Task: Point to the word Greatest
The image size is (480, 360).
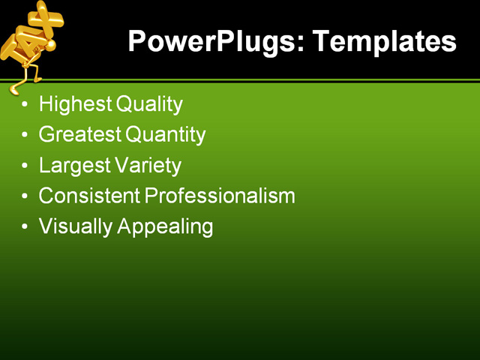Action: (x=79, y=135)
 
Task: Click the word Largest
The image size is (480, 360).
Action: (x=73, y=165)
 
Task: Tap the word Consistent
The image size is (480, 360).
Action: (x=89, y=196)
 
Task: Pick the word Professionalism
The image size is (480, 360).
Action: (x=220, y=196)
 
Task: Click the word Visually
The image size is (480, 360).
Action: (x=75, y=226)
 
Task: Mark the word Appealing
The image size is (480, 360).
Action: (x=165, y=226)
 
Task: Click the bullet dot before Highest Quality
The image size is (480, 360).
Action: (x=25, y=105)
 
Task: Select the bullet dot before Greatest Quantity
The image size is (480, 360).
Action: (x=25, y=136)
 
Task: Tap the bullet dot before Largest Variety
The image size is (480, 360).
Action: (x=25, y=166)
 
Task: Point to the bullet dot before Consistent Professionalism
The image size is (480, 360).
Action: (x=25, y=196)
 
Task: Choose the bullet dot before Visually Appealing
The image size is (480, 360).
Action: (x=25, y=226)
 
